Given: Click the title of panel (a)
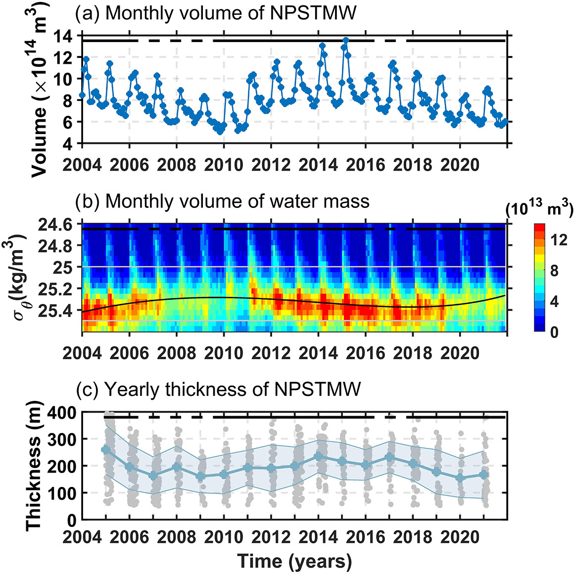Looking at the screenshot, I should pos(215,13).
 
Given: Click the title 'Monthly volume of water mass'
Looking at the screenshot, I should pos(222,201).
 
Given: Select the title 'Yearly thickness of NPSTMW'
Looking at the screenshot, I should pos(218,390).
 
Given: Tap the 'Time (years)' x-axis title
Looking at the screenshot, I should pos(294,561).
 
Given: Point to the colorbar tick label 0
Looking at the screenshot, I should pos(555,331).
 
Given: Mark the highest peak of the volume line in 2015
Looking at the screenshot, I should pos(346,40).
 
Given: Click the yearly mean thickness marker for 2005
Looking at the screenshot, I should pos(105,450).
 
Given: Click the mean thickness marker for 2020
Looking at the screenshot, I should pos(460,478).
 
